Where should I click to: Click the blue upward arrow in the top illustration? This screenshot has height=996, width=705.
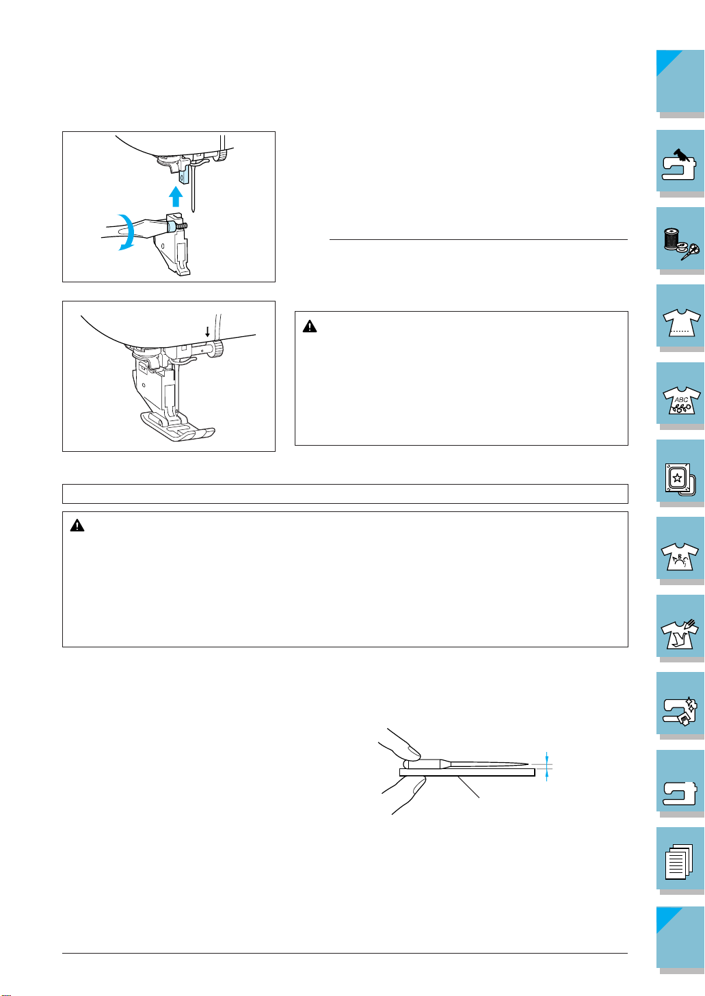176,196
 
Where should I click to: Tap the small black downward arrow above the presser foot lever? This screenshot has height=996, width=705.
207,331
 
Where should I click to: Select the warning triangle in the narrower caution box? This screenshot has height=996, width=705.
310,327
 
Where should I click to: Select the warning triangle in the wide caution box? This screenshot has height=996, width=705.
77,526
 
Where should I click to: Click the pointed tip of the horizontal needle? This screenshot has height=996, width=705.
527,763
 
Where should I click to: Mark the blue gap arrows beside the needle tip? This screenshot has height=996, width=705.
547,766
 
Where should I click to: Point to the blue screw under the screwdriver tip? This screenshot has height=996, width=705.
172,224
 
